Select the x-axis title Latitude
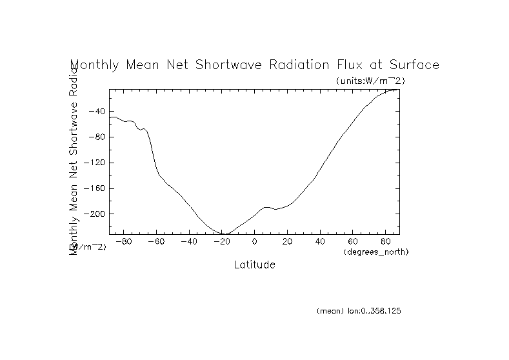[254, 265]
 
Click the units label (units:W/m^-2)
[370, 81]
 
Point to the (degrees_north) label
[377, 251]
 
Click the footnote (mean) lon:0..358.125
[359, 311]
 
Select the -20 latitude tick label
[221, 242]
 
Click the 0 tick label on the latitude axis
[255, 242]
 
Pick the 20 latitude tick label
[288, 242]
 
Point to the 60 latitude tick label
[353, 242]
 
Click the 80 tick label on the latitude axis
[386, 242]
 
